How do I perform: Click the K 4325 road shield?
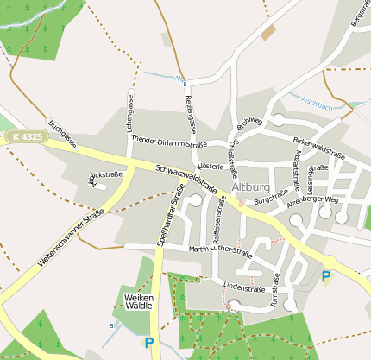(x=25, y=136)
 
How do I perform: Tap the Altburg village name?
(x=251, y=186)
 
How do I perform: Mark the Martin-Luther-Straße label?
(x=220, y=251)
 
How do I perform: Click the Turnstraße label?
(x=274, y=290)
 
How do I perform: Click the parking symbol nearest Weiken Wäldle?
(x=149, y=343)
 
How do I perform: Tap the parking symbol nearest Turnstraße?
(x=325, y=276)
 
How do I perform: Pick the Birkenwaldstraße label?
(x=318, y=147)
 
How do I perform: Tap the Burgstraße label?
(x=270, y=198)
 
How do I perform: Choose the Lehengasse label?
(x=130, y=112)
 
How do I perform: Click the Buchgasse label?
(x=62, y=134)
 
